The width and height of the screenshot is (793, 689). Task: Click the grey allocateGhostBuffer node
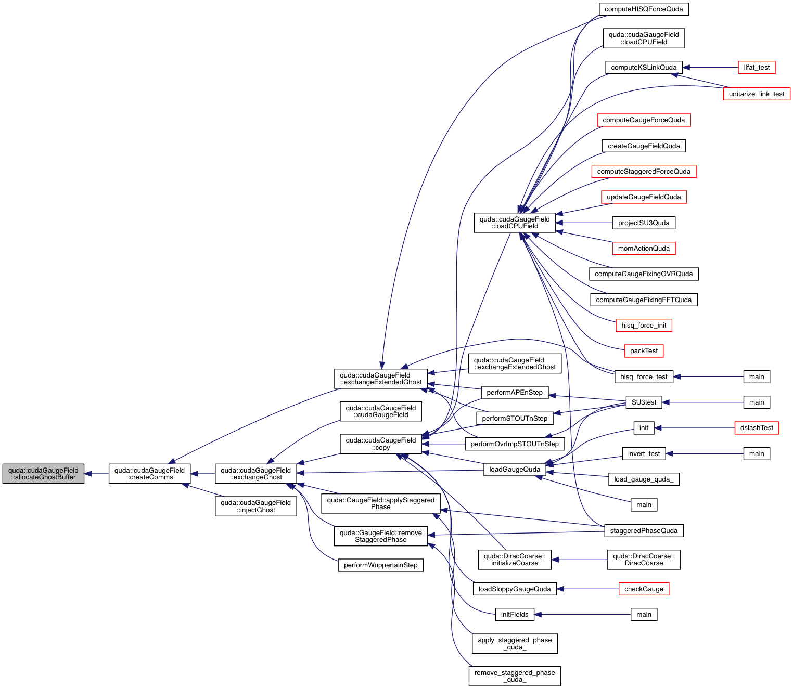tap(43, 474)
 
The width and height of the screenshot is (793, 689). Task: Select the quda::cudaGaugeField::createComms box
tap(149, 474)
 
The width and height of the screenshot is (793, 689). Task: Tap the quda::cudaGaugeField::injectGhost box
tap(255, 506)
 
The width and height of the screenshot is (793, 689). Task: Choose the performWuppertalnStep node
tap(380, 565)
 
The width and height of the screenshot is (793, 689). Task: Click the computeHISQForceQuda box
tap(644, 9)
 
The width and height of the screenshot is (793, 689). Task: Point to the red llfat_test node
tap(757, 68)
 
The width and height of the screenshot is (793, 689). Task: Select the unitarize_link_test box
tap(757, 94)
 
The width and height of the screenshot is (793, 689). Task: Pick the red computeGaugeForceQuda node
tap(644, 120)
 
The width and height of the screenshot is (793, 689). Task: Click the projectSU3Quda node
tap(644, 223)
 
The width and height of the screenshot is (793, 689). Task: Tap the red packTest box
tap(644, 351)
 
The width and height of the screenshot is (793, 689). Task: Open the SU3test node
tap(644, 402)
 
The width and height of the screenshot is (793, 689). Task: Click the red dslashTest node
tap(757, 428)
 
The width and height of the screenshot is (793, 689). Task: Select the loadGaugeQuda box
tap(515, 470)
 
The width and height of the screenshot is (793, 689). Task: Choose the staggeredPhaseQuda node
tap(644, 531)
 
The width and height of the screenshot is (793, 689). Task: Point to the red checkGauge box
tap(644, 589)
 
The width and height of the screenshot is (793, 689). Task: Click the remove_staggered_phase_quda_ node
tap(515, 676)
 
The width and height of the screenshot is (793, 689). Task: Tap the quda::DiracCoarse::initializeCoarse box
tap(515, 560)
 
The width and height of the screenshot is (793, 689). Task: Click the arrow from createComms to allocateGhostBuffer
tap(96, 474)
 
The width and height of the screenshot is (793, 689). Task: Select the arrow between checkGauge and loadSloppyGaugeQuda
tap(588, 589)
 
